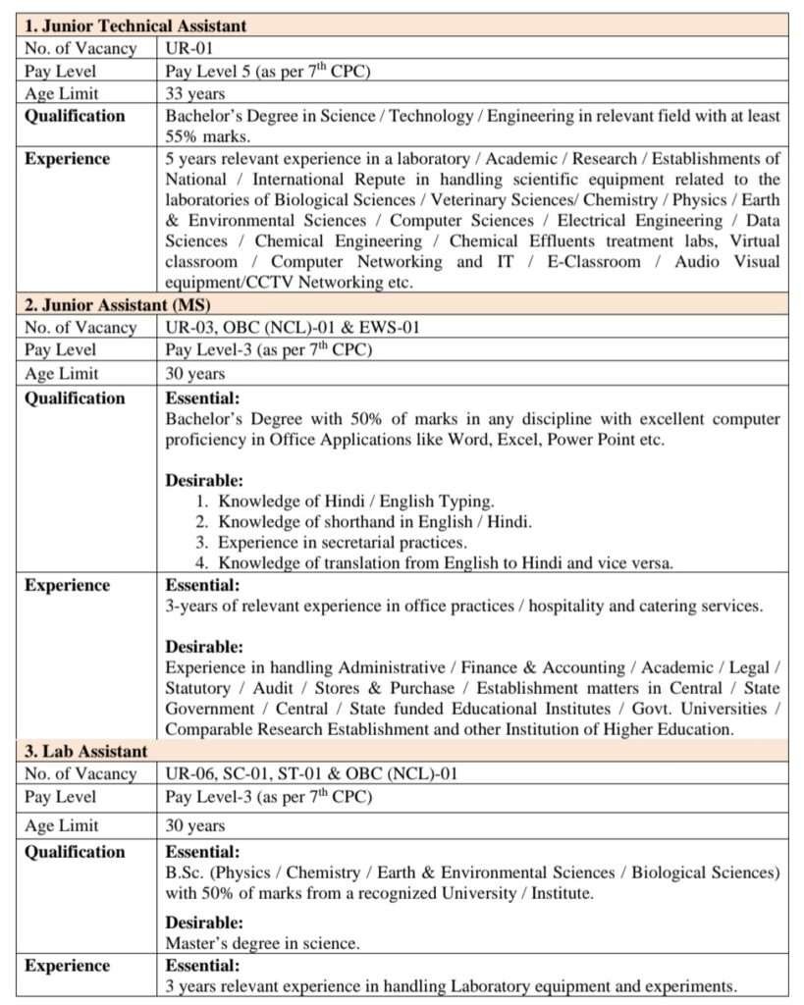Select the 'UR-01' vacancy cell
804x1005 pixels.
(x=188, y=47)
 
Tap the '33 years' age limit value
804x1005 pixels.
(x=195, y=94)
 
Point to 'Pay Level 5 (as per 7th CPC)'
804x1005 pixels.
(x=268, y=71)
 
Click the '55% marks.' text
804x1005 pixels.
(x=208, y=136)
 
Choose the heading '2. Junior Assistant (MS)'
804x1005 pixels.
(x=119, y=304)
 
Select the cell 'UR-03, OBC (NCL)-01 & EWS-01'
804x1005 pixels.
(x=293, y=327)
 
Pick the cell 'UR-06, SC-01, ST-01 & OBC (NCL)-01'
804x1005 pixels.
(x=311, y=774)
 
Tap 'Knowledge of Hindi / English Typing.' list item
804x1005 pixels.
(x=356, y=501)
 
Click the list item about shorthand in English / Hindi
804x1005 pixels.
(x=375, y=522)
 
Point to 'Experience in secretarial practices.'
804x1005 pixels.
(x=343, y=543)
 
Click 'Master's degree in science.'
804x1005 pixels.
(x=262, y=944)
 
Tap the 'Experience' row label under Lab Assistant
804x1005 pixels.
(x=68, y=967)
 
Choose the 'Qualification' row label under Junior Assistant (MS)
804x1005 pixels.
(x=75, y=398)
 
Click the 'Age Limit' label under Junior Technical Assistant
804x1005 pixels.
(x=62, y=94)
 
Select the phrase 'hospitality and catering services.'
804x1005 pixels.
(x=646, y=606)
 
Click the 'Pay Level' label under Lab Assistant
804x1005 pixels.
(x=61, y=797)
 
